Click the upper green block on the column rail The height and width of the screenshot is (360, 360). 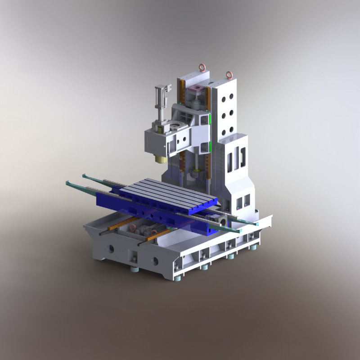click(210, 119)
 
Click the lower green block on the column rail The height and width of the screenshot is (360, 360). click(210, 147)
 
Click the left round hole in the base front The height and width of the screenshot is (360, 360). click(110, 248)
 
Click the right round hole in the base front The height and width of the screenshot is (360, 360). click(155, 261)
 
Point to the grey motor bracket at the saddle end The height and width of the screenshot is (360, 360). click(222, 220)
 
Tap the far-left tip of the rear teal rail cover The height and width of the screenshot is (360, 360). click(84, 175)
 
